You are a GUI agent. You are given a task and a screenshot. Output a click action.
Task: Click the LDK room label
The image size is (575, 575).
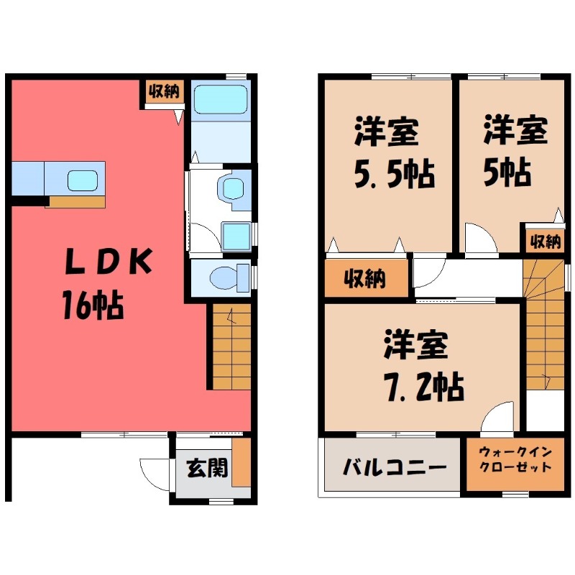(x=109, y=262)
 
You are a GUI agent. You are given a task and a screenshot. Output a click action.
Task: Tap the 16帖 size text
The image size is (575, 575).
(x=93, y=305)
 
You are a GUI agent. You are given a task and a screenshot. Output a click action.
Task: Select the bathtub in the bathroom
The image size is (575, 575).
(x=220, y=99)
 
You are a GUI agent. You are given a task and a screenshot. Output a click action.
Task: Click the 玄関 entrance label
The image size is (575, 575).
(x=208, y=468)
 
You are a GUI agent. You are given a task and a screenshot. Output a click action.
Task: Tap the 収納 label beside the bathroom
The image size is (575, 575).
(x=164, y=91)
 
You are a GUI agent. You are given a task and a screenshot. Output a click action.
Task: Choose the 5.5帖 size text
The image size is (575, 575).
(x=395, y=175)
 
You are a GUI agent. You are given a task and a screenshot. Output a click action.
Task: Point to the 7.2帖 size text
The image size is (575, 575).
(x=424, y=387)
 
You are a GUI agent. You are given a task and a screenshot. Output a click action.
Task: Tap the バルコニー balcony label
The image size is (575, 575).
(x=395, y=468)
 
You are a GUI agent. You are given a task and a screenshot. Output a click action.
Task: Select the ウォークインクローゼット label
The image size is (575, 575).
(x=515, y=459)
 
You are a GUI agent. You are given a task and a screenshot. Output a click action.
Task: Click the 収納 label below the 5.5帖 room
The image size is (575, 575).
(x=365, y=278)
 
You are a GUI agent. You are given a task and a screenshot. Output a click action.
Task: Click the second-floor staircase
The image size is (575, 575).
(x=545, y=325)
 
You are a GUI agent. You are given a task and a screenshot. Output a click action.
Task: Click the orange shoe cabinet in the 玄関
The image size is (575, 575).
(x=241, y=462)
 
